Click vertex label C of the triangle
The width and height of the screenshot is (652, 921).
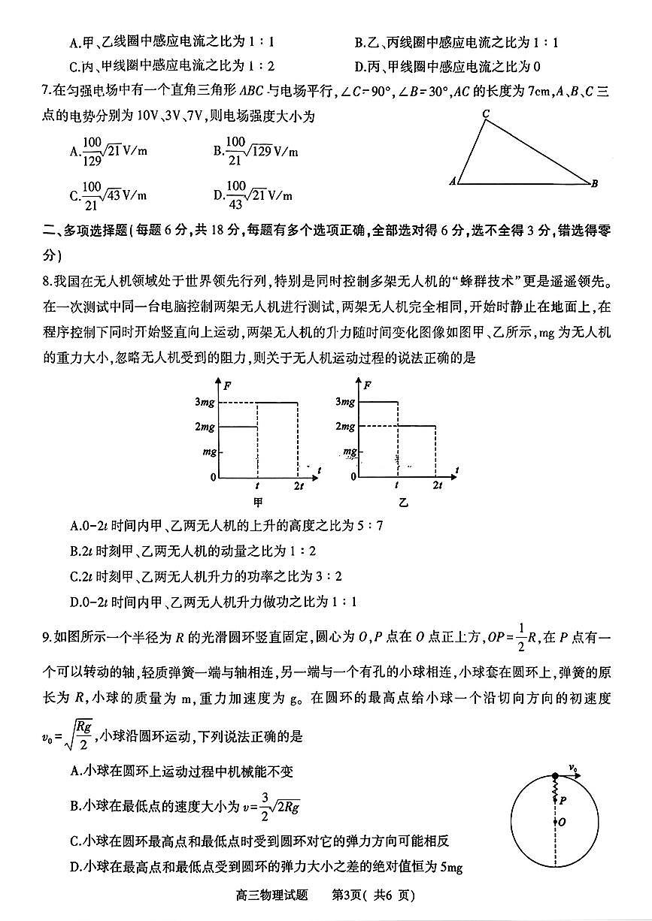point(487,114)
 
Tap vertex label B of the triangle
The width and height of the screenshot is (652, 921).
point(594,183)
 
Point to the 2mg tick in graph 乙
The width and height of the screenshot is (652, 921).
point(345,427)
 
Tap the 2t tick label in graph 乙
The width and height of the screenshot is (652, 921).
point(438,486)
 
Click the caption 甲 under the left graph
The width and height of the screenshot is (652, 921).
point(259,502)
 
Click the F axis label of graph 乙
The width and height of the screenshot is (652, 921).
point(367,385)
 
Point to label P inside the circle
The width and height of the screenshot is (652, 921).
point(563,801)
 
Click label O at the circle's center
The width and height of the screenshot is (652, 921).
point(563,823)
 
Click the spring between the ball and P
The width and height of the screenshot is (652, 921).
point(555,788)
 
